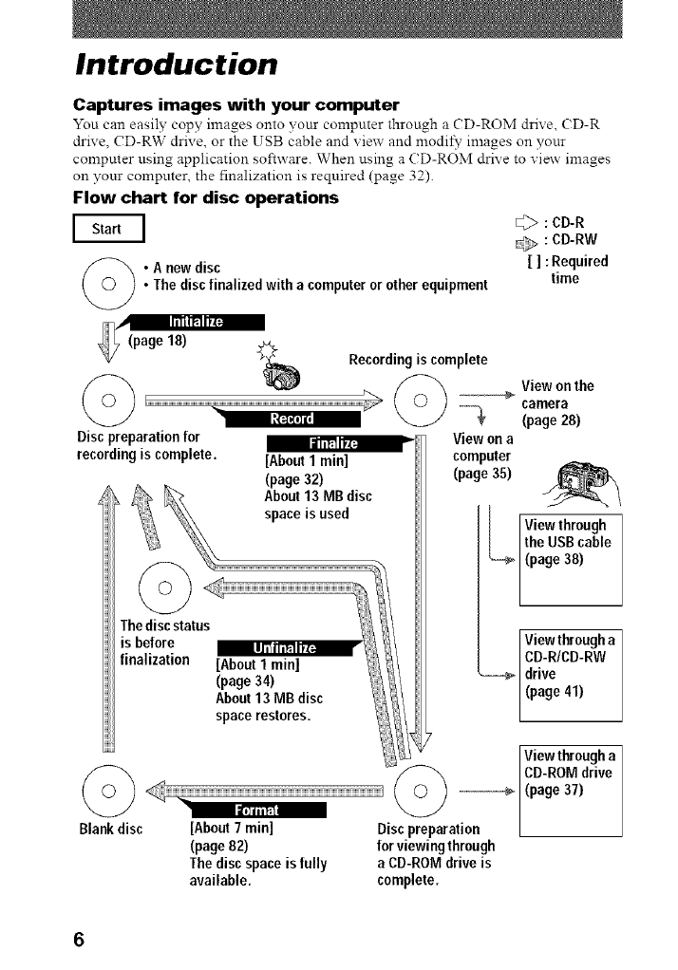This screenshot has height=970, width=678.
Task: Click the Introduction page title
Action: point(177,65)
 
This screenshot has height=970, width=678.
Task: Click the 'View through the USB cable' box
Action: point(570,559)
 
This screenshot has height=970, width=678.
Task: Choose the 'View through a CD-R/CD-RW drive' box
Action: point(570,674)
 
